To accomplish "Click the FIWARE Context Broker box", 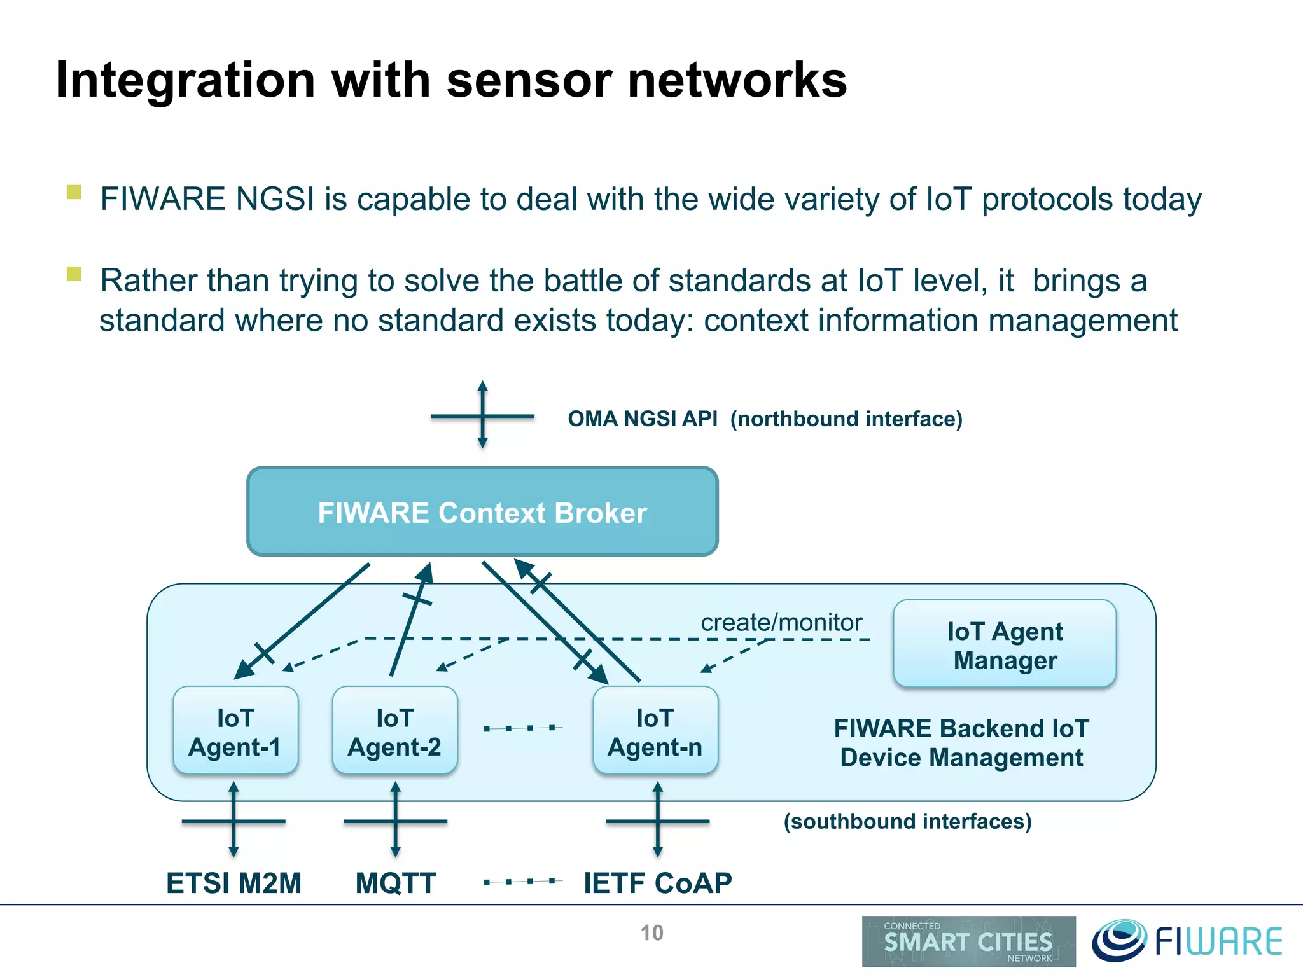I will click(x=482, y=512).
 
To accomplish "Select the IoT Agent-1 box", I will click(x=235, y=731).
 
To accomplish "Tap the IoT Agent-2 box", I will click(x=394, y=731).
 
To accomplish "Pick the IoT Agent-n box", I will click(x=655, y=731).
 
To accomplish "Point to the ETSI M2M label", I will click(x=233, y=883).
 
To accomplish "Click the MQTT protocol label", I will click(x=395, y=883).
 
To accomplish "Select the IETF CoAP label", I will click(x=657, y=883).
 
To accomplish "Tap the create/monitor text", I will click(x=781, y=622).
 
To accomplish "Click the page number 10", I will click(x=651, y=933).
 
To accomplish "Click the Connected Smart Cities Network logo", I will click(x=968, y=941).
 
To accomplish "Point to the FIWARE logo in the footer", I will click(x=1187, y=941).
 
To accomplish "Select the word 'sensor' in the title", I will click(x=529, y=81).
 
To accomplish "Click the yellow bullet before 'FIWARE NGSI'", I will click(x=74, y=192).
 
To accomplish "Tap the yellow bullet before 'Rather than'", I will click(x=74, y=274).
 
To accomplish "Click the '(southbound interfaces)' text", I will click(x=907, y=821).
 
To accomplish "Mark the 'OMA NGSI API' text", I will click(x=643, y=419).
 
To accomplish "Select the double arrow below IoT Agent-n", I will click(x=657, y=821).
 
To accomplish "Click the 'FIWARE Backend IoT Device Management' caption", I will click(x=961, y=743).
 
